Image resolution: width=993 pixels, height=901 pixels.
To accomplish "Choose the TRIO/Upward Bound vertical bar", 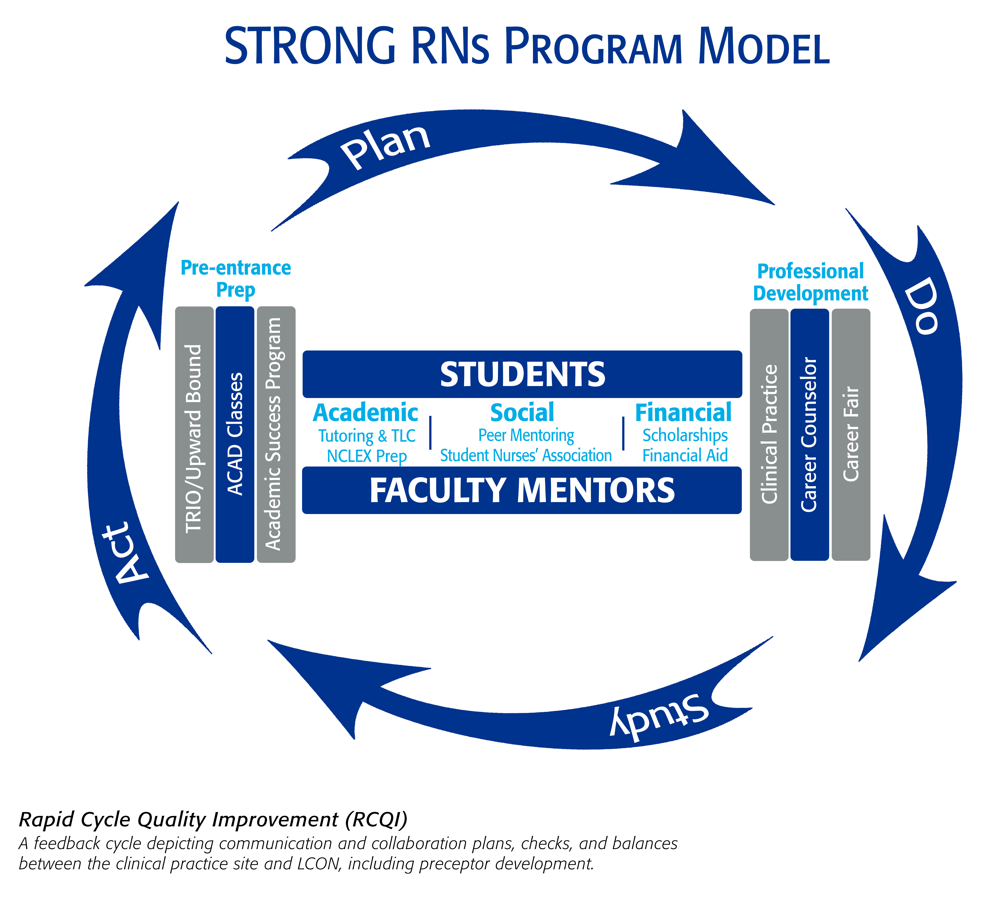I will (194, 434).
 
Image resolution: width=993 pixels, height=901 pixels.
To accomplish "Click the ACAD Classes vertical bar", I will (235, 434).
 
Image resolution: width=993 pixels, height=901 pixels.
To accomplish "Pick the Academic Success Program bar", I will (276, 434).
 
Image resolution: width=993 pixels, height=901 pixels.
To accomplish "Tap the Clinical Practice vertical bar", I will (769, 434).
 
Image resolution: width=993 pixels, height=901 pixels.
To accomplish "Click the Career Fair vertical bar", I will (851, 434).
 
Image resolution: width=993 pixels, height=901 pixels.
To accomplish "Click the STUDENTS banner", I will (522, 374).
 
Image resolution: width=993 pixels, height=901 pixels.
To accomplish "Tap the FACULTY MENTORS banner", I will (522, 490).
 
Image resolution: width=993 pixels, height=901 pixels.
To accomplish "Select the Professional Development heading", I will (810, 282).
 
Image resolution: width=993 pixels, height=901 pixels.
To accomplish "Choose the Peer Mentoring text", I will (526, 435).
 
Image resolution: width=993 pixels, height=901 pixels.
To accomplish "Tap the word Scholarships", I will (685, 435).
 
